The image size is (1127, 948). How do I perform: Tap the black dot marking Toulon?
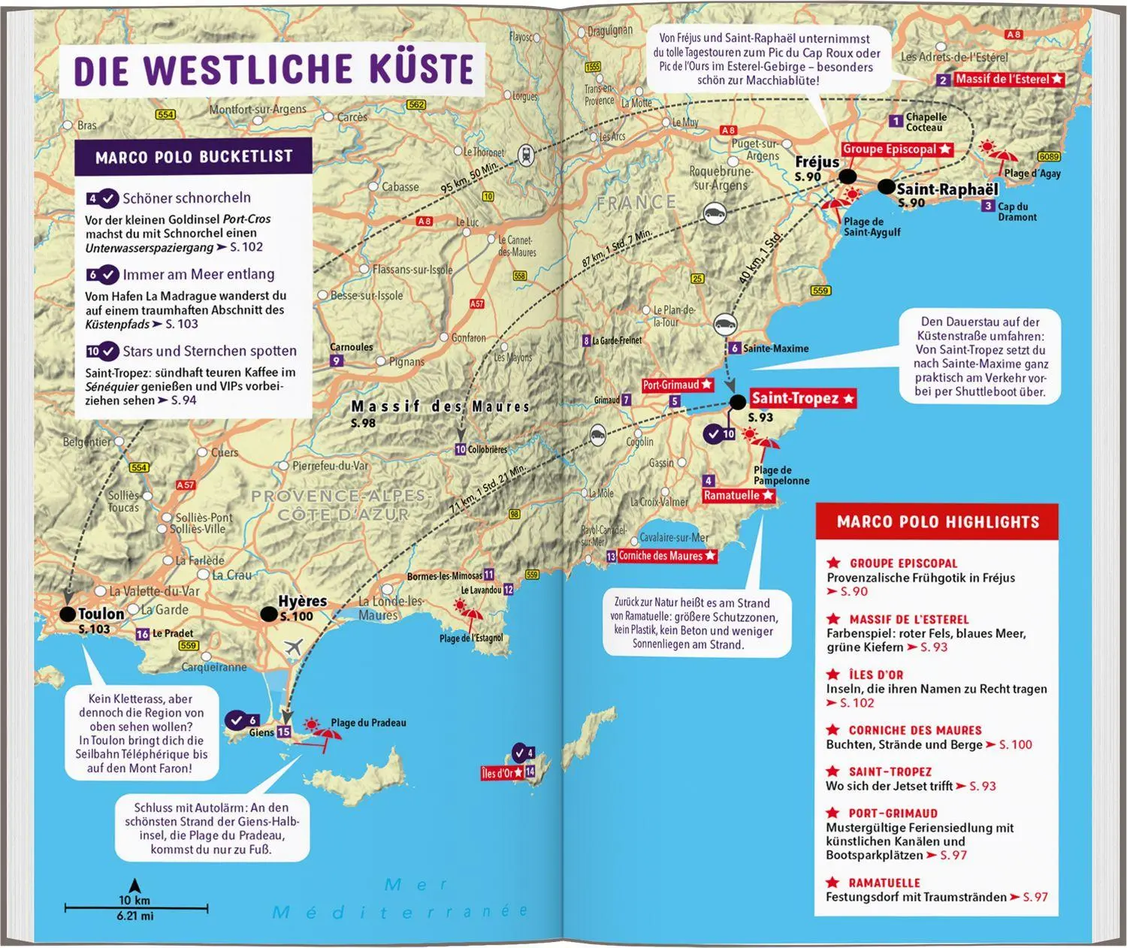[68, 614]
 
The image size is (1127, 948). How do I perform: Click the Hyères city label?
[302, 602]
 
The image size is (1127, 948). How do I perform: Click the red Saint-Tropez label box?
[802, 399]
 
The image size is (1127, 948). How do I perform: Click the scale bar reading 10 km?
[134, 907]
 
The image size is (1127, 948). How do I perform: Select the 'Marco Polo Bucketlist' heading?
[194, 157]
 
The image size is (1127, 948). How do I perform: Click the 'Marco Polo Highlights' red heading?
[938, 522]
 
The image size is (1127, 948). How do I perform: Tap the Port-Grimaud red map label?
[677, 385]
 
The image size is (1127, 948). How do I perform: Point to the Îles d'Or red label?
[502, 773]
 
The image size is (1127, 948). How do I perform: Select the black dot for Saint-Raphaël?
[886, 187]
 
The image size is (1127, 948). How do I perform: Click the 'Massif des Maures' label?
[440, 406]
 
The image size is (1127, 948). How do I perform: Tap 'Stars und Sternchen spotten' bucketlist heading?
[210, 351]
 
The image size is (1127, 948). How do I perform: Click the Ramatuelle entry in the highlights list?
[884, 883]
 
